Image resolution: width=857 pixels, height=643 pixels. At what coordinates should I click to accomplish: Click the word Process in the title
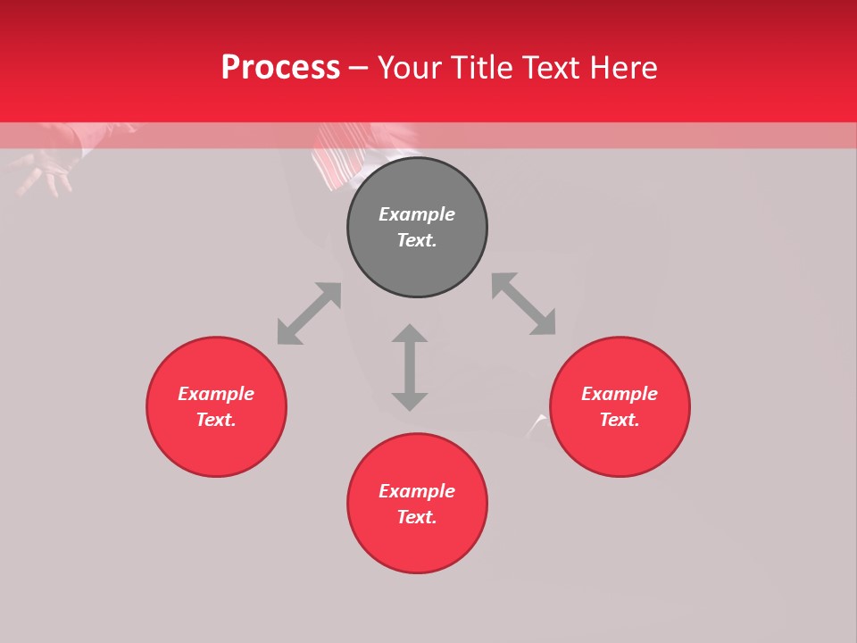(x=280, y=68)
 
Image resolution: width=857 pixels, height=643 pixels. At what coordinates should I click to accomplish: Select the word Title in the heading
(x=481, y=68)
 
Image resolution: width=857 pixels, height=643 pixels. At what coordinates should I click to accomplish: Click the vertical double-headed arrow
(x=410, y=367)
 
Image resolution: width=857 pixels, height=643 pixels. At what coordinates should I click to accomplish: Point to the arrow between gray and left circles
(x=309, y=313)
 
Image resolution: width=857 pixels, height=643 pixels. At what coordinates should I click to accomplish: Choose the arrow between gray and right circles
(x=524, y=304)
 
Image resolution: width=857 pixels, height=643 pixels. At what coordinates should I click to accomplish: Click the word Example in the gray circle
(x=417, y=214)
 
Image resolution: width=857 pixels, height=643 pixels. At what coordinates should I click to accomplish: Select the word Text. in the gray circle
(x=417, y=240)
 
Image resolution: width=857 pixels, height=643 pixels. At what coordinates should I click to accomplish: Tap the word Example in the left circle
(x=216, y=394)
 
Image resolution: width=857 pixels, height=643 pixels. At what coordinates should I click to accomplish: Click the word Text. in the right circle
(x=620, y=420)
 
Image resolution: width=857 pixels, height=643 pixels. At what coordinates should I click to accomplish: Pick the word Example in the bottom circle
(x=417, y=491)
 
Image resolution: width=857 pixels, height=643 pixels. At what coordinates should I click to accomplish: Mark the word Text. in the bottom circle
(x=417, y=517)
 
